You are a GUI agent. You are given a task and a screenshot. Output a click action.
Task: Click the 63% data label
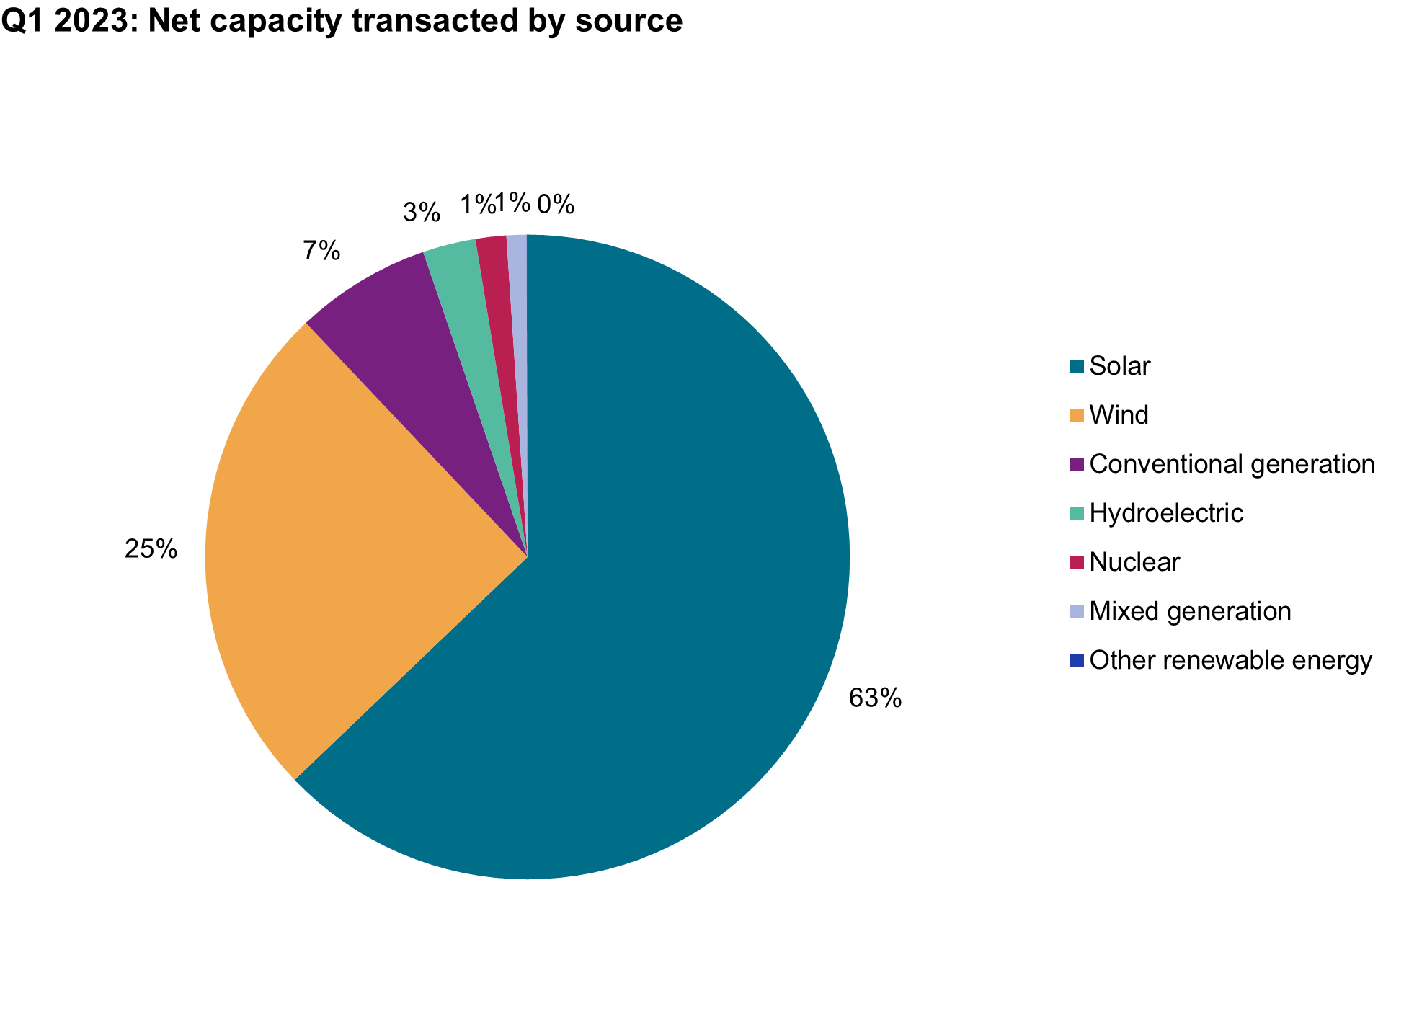tap(875, 698)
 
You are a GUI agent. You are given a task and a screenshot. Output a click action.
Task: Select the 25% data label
tap(151, 549)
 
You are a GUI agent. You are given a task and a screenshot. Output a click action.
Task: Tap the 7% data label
tap(321, 251)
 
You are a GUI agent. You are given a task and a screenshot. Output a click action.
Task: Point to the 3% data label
tap(422, 212)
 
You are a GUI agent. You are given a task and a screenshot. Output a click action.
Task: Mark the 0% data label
tap(556, 205)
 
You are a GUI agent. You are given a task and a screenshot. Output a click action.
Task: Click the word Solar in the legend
tap(1120, 366)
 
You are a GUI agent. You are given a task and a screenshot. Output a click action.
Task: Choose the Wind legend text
tap(1119, 415)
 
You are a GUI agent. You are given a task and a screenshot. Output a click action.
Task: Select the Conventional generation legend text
tap(1232, 463)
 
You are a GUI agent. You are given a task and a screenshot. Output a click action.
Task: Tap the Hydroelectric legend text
tap(1166, 512)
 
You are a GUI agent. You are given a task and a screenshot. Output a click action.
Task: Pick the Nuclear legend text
tap(1134, 561)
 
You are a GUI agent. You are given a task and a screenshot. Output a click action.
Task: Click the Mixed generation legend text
tap(1190, 610)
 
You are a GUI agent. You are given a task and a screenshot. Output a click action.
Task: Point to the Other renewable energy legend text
tap(1230, 659)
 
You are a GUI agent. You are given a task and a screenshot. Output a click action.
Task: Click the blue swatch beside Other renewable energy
tap(1077, 660)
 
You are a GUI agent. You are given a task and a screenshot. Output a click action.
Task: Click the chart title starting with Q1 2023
tap(342, 20)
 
